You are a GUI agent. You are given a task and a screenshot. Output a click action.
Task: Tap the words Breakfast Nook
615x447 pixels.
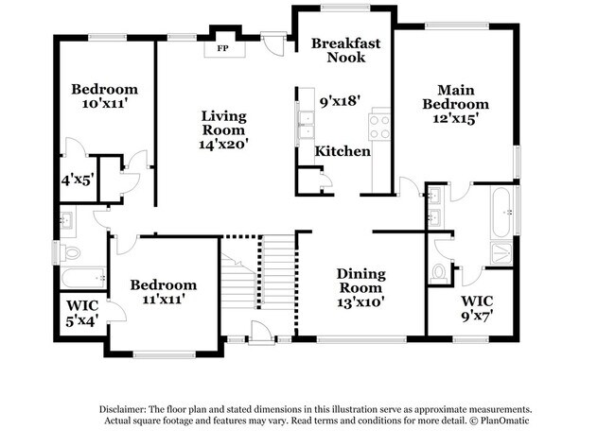click(346, 50)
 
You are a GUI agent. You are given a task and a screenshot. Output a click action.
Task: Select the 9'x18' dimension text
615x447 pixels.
click(341, 98)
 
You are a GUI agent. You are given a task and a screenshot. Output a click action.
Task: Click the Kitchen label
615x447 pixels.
click(343, 151)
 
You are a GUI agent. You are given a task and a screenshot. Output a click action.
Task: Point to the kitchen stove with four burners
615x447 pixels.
click(380, 126)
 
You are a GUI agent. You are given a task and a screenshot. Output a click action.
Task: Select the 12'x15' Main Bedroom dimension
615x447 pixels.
click(455, 119)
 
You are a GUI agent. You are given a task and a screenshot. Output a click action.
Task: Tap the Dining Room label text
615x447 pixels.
click(360, 281)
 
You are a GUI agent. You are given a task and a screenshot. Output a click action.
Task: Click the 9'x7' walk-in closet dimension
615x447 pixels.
click(477, 318)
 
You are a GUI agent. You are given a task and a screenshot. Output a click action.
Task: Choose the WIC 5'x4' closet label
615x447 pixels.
click(80, 313)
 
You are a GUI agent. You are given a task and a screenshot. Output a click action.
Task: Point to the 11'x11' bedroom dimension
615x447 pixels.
click(164, 300)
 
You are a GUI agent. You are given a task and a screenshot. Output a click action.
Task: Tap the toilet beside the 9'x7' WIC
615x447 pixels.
click(438, 272)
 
